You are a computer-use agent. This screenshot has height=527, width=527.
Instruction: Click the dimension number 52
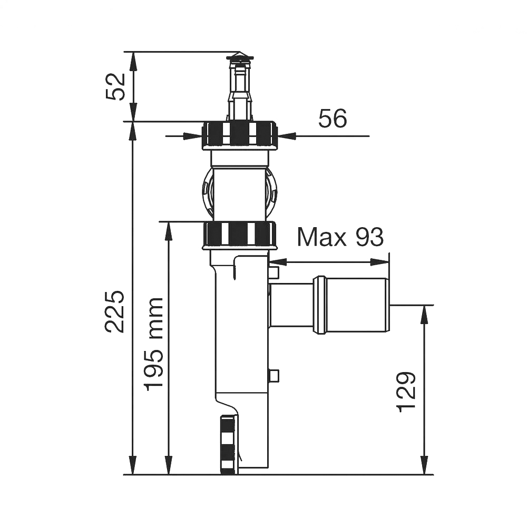point(115,86)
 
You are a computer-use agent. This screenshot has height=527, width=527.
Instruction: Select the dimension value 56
point(333,118)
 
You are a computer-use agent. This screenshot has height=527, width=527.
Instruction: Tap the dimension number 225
point(114,312)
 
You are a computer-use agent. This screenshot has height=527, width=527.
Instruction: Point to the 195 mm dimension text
point(153,344)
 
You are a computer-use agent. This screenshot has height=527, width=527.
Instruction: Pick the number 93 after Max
point(370,237)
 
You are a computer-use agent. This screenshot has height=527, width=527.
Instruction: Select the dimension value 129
point(407,392)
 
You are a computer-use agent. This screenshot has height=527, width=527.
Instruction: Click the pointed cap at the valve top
point(239,56)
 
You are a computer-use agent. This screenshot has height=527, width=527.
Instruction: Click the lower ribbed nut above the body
point(240,235)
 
